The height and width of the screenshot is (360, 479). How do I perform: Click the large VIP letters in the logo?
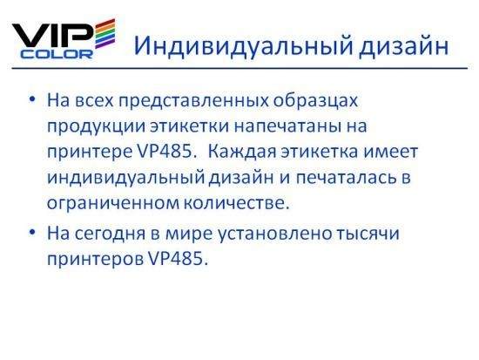click(52, 37)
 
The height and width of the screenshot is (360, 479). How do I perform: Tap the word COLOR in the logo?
click(57, 54)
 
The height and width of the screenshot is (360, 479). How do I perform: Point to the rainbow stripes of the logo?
click(105, 34)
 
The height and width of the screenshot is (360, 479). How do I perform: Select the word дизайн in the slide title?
click(404, 46)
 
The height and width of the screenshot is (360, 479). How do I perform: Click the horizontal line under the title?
click(239, 68)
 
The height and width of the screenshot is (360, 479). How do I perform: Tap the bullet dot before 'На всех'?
click(32, 99)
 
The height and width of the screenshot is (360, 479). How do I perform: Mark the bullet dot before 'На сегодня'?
click(32, 233)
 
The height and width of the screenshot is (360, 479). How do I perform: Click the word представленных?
click(193, 100)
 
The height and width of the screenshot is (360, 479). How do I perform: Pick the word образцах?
click(315, 100)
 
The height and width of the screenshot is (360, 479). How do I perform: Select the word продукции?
click(96, 126)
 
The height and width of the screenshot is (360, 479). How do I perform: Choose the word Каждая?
click(243, 152)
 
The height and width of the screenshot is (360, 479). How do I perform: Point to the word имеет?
click(390, 152)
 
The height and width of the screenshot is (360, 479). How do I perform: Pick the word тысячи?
click(368, 233)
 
